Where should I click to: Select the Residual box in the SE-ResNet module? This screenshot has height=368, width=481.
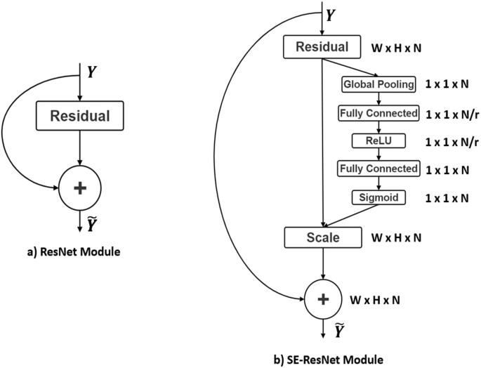pos(322,48)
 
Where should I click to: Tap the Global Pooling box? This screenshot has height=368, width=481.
pos(378,84)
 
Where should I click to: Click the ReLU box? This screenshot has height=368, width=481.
pos(378,140)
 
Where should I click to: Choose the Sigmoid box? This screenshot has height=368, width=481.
pos(379,197)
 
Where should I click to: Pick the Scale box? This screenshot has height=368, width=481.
pos(322,237)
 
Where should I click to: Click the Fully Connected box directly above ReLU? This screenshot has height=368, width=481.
pos(378,112)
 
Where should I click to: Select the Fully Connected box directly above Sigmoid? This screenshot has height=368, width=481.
pos(378,169)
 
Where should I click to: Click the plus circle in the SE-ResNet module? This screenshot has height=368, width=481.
pos(322,300)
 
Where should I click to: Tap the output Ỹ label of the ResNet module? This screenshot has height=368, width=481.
pos(92,225)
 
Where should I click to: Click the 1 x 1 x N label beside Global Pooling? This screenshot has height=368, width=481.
pos(448,84)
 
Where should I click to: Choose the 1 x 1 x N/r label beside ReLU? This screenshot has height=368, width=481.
pos(452,141)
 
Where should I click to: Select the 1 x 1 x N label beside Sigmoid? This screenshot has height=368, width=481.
pos(448,198)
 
